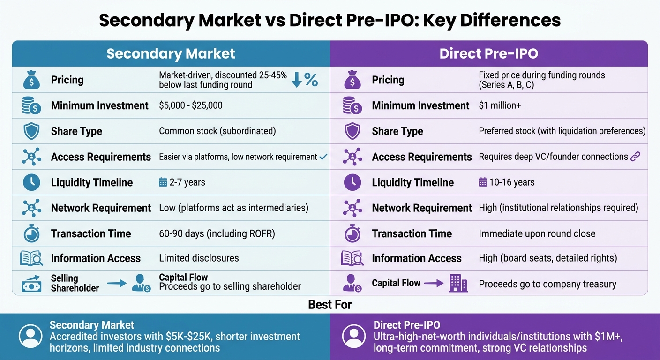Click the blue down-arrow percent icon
pos(304,80)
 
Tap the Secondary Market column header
pos(171,53)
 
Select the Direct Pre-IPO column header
pos(488,53)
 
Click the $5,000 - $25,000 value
pos(191,105)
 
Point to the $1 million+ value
pos(500,105)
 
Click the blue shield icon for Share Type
pos(31,131)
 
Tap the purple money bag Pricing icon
pos(352,80)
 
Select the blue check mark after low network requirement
pos(323,157)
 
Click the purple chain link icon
pos(635,157)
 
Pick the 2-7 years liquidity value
pos(182,182)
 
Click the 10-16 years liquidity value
pos(506,182)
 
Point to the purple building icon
pos(458,283)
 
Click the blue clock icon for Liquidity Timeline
pos(31,182)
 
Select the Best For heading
pos(330,305)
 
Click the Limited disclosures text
pos(199,258)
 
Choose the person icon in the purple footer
pos(353,336)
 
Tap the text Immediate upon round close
pos(537,233)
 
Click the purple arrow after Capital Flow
pos(434,283)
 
